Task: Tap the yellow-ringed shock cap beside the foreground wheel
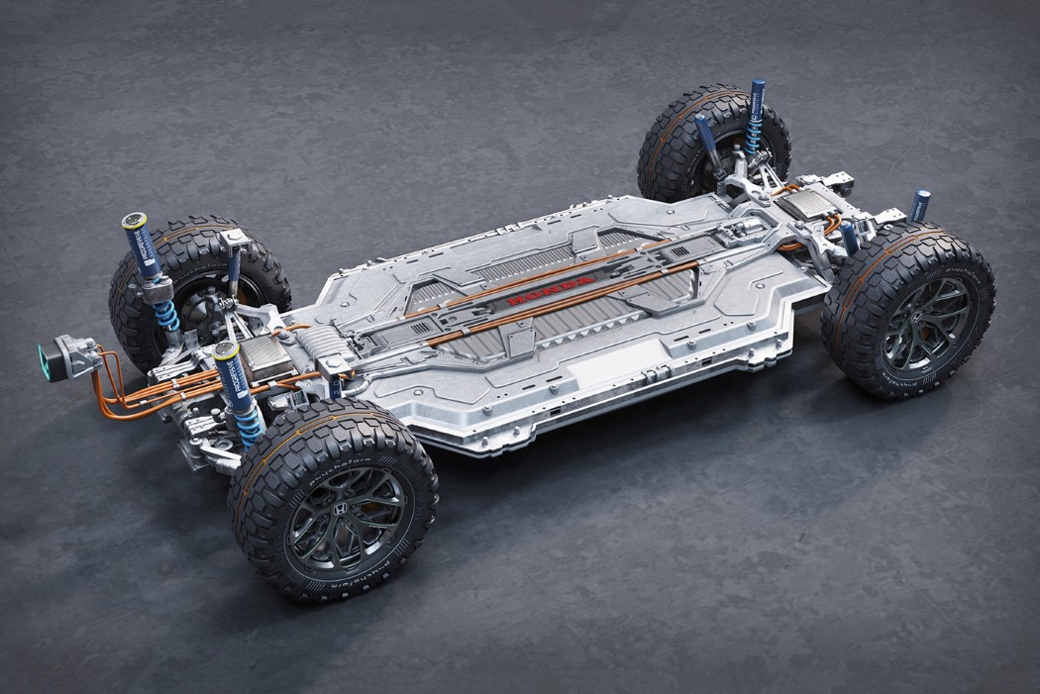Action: click(x=226, y=351)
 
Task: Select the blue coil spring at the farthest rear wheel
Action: click(x=755, y=139)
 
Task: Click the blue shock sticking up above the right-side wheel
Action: click(x=920, y=205)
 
